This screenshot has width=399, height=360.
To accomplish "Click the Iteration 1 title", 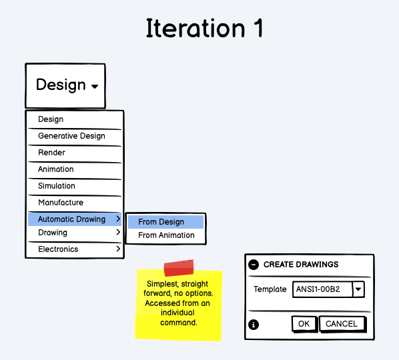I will pyautogui.click(x=205, y=29).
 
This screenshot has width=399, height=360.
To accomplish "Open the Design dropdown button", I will pyautogui.click(x=65, y=85).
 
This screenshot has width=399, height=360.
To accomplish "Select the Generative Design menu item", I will pyautogui.click(x=71, y=136).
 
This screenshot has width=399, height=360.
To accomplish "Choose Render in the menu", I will pyautogui.click(x=51, y=153).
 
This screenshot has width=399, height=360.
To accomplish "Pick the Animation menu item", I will pyautogui.click(x=55, y=169).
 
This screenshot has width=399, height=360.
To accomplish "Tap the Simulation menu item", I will pyautogui.click(x=56, y=186).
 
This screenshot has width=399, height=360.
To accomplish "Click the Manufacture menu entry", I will pyautogui.click(x=61, y=203).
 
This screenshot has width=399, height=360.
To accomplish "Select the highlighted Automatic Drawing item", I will pyautogui.click(x=71, y=219).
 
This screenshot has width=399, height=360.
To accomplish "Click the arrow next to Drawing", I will pyautogui.click(x=118, y=233).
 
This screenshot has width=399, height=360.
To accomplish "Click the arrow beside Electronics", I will pyautogui.click(x=118, y=249).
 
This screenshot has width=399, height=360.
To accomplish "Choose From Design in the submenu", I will pyautogui.click(x=161, y=222).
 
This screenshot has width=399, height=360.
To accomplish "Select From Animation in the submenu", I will pyautogui.click(x=166, y=235).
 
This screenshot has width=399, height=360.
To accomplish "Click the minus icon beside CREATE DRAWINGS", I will pyautogui.click(x=254, y=265).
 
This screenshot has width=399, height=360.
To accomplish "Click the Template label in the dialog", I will pyautogui.click(x=270, y=289).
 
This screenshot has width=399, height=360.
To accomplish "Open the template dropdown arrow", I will pyautogui.click(x=358, y=289).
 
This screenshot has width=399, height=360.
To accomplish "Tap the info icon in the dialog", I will pyautogui.click(x=254, y=325).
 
